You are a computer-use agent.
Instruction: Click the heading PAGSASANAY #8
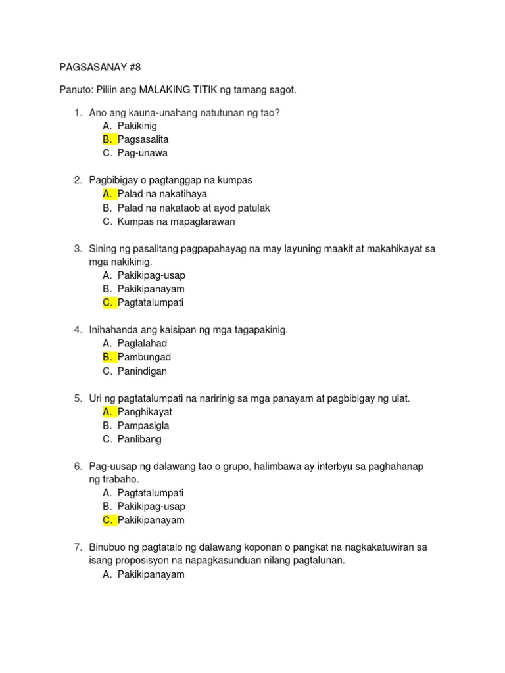[100, 67]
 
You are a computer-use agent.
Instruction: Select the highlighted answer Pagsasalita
[143, 139]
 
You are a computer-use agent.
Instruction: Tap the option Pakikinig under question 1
[137, 126]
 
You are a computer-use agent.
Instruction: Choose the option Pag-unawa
[143, 153]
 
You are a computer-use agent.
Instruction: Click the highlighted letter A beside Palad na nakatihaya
[107, 194]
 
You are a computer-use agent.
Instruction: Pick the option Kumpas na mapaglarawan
[176, 221]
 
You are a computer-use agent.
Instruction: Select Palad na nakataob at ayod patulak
[194, 208]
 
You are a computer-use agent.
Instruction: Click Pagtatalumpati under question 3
[151, 303]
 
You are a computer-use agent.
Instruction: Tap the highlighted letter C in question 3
[107, 303]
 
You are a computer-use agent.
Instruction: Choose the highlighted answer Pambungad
[144, 357]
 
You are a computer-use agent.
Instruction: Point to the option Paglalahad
[143, 343]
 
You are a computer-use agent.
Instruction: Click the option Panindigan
[142, 371]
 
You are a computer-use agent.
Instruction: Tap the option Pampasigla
[143, 425]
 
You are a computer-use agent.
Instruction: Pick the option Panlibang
[139, 439]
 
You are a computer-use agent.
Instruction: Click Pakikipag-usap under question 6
[151, 507]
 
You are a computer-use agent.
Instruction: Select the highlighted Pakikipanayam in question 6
[151, 521]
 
